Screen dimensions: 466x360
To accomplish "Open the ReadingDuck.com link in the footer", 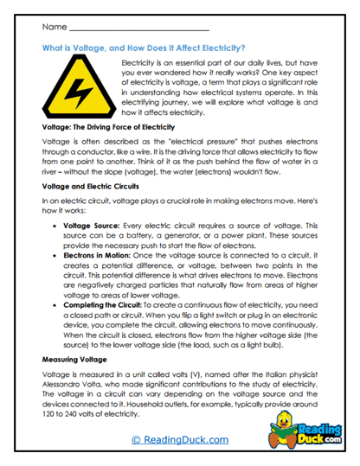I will (x=180, y=440).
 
